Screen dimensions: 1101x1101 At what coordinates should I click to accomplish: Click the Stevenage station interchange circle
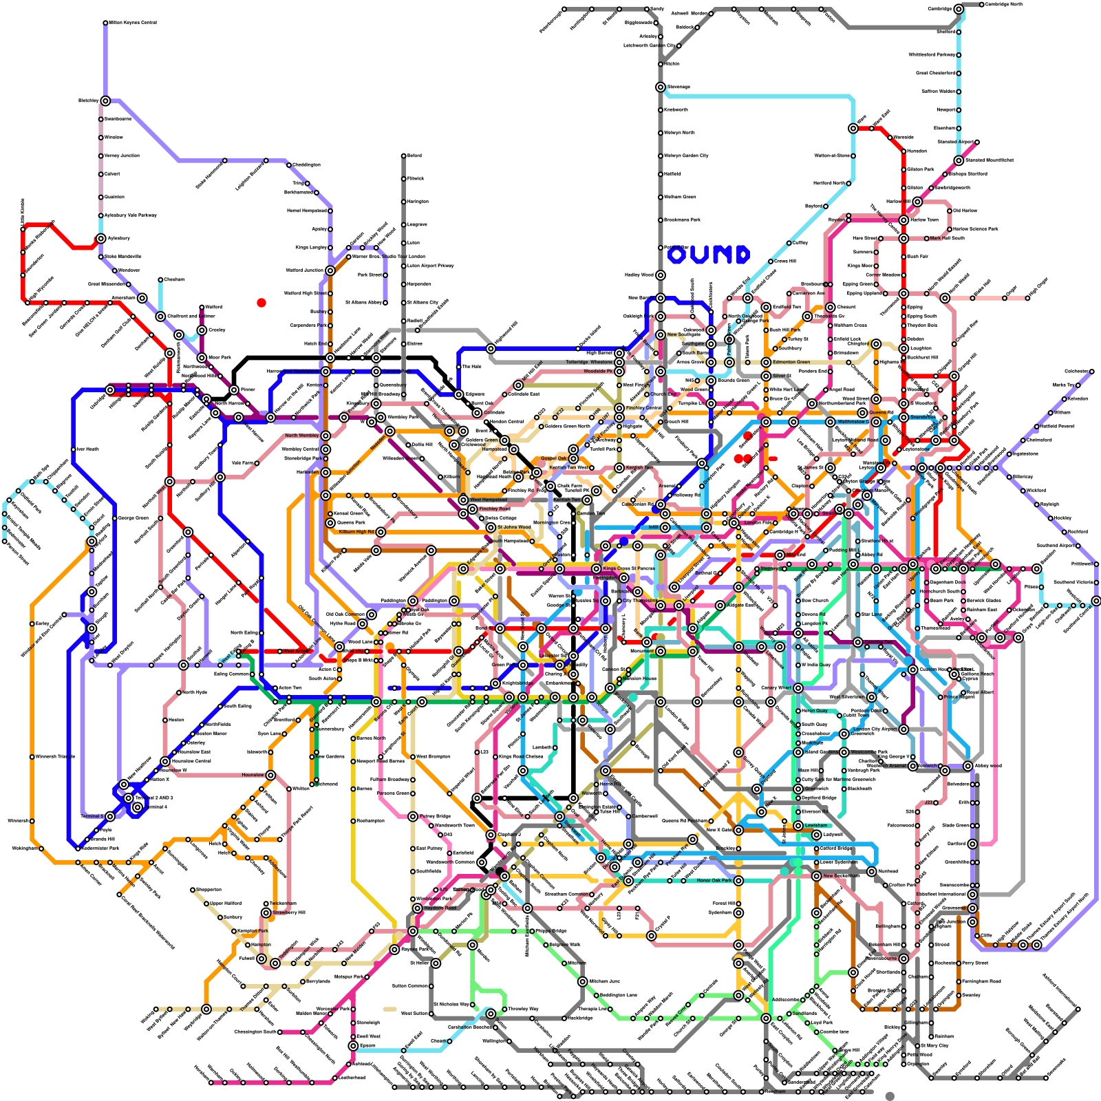(x=661, y=87)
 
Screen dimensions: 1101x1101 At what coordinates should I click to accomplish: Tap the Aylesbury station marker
(x=101, y=239)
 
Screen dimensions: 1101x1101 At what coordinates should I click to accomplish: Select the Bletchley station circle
(x=105, y=101)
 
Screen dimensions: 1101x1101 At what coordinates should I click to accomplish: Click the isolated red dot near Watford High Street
(x=261, y=303)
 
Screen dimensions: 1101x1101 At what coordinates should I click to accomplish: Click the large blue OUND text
(x=709, y=255)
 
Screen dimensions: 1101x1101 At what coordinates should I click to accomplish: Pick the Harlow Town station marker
(x=904, y=220)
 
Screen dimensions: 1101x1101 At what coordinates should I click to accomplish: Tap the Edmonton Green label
(x=791, y=362)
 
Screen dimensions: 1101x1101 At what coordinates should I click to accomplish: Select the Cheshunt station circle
(x=831, y=308)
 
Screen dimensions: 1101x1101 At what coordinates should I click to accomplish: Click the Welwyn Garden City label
(x=686, y=156)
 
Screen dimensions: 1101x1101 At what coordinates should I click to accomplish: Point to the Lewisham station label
(x=817, y=825)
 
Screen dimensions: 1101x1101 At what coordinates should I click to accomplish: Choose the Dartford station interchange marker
(x=972, y=844)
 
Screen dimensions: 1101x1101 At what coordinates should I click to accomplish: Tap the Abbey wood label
(x=988, y=766)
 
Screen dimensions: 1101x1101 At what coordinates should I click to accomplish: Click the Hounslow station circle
(x=270, y=776)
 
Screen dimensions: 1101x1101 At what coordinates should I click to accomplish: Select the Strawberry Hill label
(x=289, y=912)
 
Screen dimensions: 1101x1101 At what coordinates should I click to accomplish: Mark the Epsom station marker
(x=353, y=1046)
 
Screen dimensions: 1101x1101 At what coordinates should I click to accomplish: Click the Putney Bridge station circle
(x=413, y=817)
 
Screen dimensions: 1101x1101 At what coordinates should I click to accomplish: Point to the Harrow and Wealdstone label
(x=292, y=372)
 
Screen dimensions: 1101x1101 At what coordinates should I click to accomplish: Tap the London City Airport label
(x=875, y=729)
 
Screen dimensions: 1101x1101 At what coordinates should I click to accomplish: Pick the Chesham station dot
(x=160, y=280)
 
